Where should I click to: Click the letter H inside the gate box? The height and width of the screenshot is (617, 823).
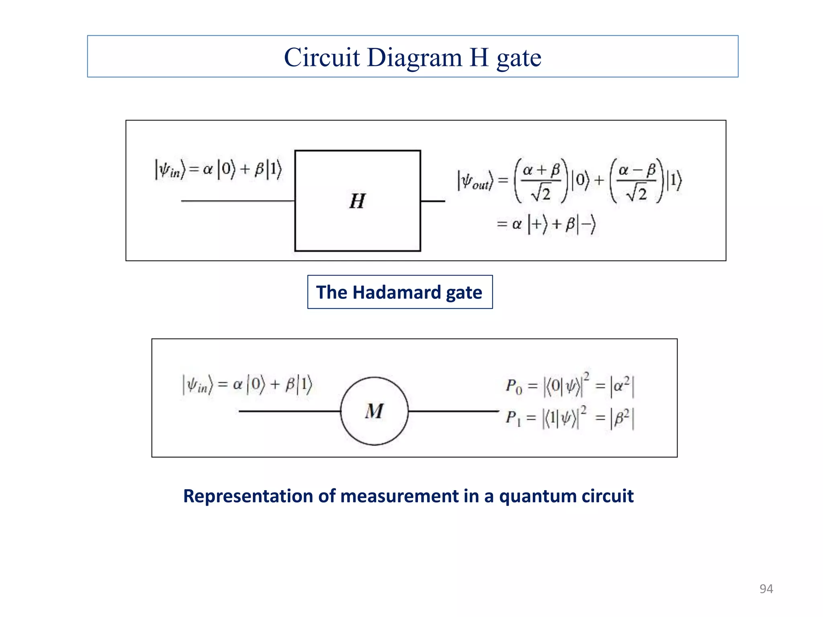357,201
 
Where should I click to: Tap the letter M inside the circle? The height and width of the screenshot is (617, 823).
374,411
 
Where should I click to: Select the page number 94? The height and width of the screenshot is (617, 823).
766,589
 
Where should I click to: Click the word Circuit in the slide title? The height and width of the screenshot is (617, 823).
321,57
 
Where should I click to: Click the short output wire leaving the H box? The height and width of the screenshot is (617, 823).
433,201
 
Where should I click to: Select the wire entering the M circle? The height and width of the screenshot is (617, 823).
289,411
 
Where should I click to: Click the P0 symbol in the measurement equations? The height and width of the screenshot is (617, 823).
514,386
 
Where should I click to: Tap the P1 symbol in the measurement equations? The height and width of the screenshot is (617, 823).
513,418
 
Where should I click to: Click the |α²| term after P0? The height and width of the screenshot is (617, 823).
622,386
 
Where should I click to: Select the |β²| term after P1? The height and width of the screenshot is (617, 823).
622,419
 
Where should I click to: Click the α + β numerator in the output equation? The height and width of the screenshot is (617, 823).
541,170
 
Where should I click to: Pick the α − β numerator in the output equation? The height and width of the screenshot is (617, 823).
637,170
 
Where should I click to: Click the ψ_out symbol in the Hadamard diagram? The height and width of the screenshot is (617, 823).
475,182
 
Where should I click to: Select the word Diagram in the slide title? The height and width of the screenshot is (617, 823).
414,57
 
